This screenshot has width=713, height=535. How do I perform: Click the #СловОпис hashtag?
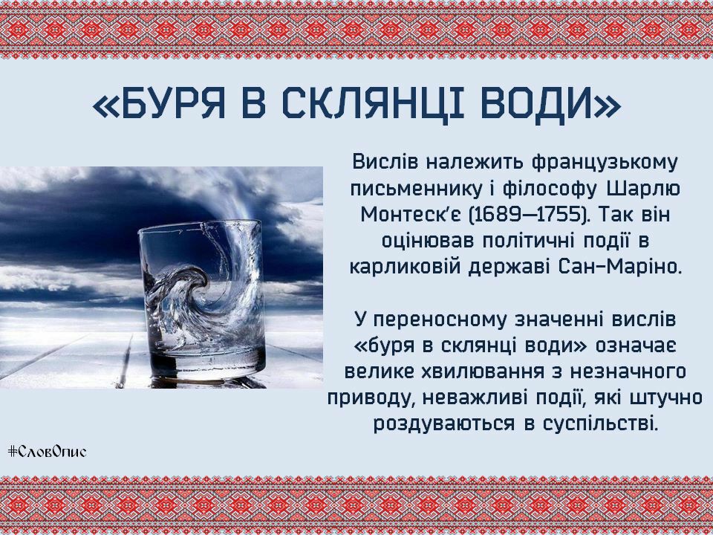coord(47,451)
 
